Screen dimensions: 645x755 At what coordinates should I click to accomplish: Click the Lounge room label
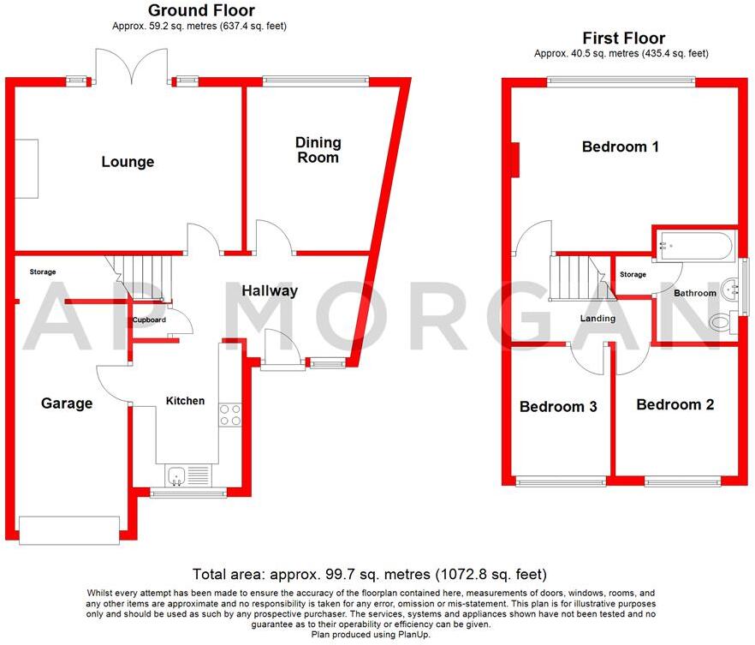click(x=128, y=162)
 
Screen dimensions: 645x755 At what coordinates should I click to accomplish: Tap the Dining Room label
click(x=318, y=149)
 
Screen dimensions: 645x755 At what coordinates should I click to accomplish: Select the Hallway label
click(x=269, y=290)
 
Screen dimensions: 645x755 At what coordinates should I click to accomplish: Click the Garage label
click(x=67, y=403)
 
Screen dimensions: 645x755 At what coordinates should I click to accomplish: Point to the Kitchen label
click(x=185, y=400)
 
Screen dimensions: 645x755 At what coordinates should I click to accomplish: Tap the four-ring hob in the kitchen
click(x=230, y=415)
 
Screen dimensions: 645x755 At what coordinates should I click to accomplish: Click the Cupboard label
click(x=149, y=320)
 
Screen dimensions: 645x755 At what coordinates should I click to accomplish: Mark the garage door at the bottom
click(x=69, y=529)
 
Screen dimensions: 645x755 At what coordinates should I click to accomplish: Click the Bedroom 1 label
click(x=620, y=146)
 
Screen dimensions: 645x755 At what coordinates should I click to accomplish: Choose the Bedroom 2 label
click(x=675, y=404)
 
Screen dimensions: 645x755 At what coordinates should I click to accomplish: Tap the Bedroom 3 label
click(x=557, y=407)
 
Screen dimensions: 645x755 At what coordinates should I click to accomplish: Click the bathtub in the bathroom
click(x=693, y=246)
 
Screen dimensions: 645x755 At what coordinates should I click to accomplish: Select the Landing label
click(x=597, y=318)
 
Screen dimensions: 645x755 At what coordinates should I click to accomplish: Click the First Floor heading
click(x=623, y=39)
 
